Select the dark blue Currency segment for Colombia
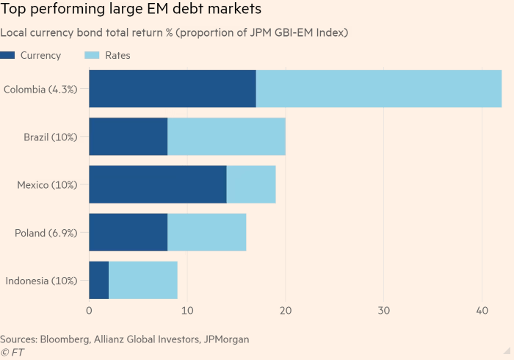tap(173, 89)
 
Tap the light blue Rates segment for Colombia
tap(378, 89)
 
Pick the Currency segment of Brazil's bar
tap(128, 137)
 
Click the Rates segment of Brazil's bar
tap(226, 137)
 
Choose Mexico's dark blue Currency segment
tap(158, 184)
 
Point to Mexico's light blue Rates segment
tap(251, 184)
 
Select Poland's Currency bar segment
tap(128, 232)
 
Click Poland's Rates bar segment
tap(207, 232)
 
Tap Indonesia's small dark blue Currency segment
tap(99, 280)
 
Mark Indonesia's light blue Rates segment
tap(143, 280)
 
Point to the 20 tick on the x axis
tap(286, 312)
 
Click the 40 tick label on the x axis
tap(482, 312)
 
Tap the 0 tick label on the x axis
tap(89, 312)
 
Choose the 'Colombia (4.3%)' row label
tap(46, 90)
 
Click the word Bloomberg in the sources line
tap(65, 339)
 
